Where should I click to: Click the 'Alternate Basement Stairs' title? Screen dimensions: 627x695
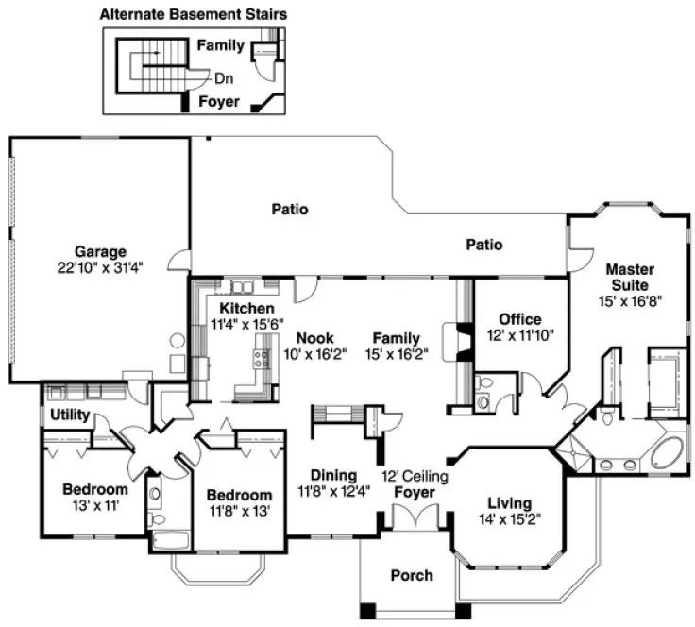193,14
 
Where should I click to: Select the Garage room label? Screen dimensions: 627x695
101,252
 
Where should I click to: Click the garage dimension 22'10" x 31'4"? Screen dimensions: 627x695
101,267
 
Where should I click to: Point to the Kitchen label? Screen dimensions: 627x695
246,309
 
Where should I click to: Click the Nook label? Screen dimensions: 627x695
314,337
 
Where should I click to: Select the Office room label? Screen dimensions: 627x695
519,319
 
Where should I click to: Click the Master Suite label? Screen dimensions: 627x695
630,277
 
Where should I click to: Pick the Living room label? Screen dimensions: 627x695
509,502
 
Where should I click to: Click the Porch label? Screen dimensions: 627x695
412,575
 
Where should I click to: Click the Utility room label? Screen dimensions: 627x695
69,415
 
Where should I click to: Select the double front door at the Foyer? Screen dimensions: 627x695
412,518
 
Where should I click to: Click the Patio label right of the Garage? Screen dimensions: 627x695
290,210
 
